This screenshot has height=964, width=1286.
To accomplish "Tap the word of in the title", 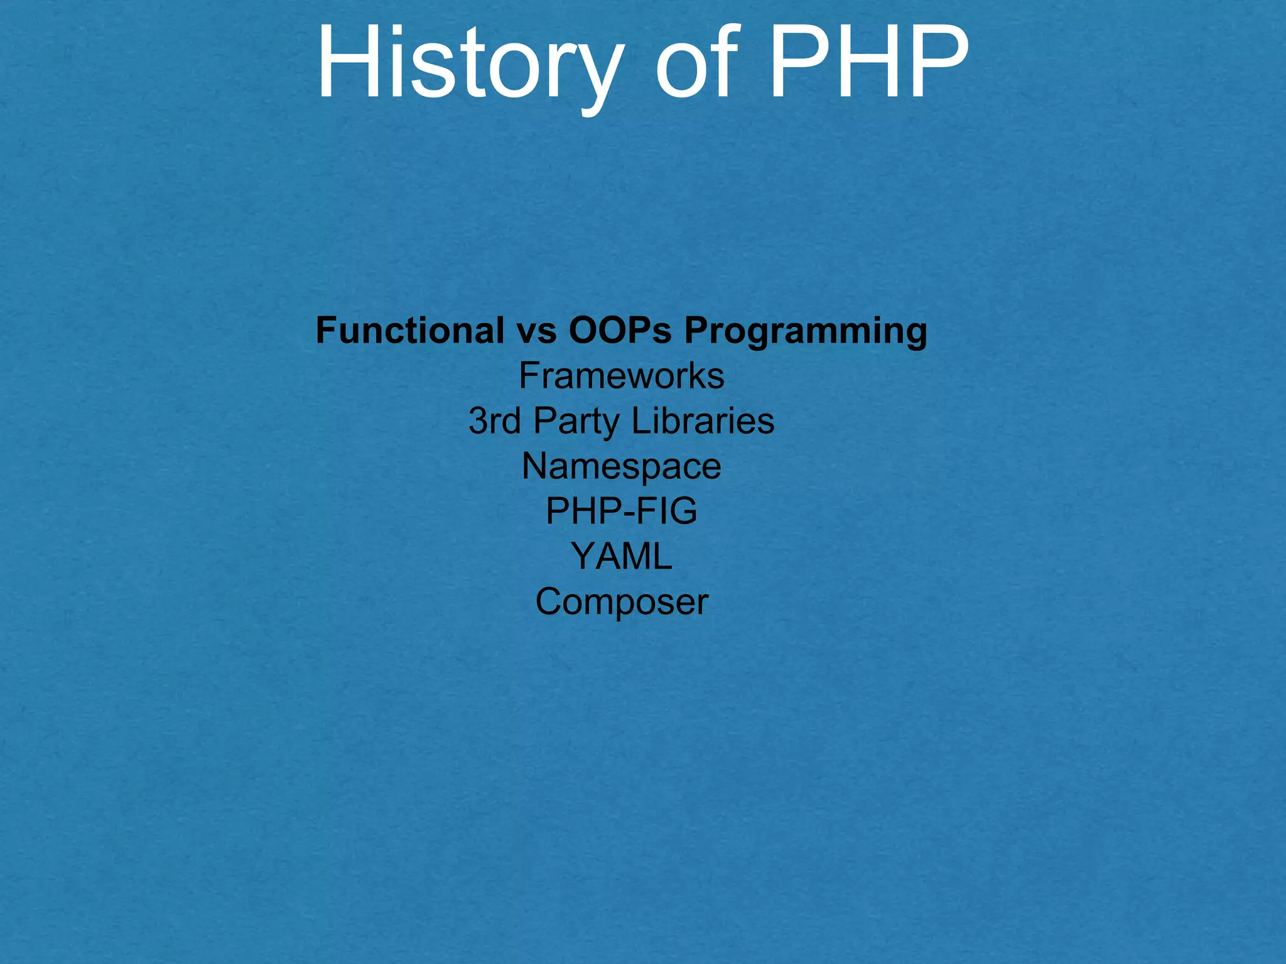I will [694, 63].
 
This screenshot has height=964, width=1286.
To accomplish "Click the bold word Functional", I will [409, 330].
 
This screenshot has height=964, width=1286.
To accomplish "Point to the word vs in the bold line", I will [537, 331].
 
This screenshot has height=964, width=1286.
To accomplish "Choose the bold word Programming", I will [806, 331].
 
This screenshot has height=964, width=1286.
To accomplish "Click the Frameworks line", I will [622, 376].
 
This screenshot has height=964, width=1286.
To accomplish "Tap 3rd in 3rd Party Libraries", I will [494, 420].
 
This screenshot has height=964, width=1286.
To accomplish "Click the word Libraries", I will [703, 420].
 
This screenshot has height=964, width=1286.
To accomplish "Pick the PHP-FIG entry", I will [622, 511].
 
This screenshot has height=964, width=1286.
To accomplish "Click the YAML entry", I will [622, 556].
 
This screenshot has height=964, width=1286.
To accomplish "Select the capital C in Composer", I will [549, 601].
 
